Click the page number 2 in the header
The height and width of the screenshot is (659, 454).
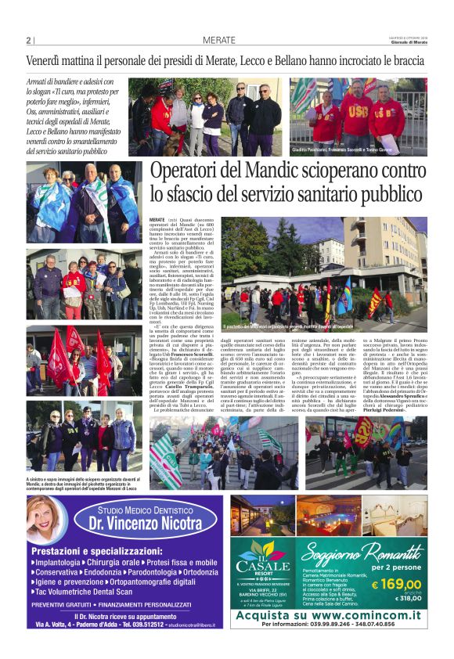click(x=28, y=41)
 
